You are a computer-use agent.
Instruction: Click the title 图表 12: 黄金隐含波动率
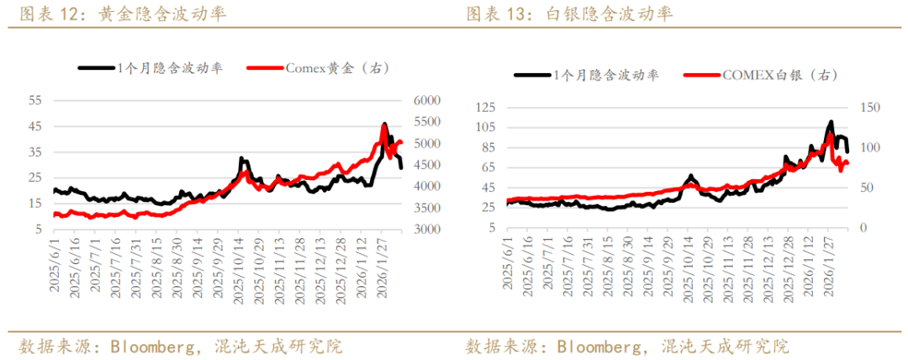click(122, 14)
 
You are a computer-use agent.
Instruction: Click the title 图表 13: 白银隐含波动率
click(569, 14)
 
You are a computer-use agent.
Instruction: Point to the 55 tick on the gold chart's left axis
click(35, 100)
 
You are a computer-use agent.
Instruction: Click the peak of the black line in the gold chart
click(384, 124)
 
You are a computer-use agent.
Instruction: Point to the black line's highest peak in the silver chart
click(831, 122)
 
